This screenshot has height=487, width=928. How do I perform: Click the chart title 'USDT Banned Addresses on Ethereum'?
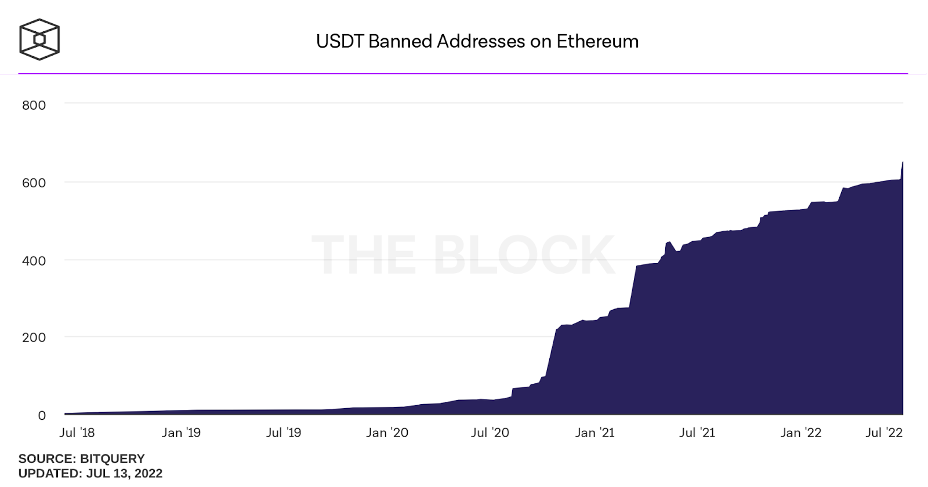[x=477, y=41]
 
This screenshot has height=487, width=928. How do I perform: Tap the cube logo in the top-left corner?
[x=39, y=39]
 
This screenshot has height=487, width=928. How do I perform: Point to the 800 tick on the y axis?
[x=34, y=105]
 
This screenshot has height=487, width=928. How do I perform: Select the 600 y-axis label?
[x=34, y=183]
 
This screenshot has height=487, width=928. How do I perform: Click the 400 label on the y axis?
[x=34, y=260]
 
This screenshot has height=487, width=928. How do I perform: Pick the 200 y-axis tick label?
[x=34, y=337]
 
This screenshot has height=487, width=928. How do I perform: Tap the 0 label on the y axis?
[x=42, y=415]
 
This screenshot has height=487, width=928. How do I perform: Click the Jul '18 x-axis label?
[x=77, y=433]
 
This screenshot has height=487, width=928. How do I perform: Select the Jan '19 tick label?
[x=181, y=433]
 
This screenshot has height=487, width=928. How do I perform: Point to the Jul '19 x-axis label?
[x=284, y=433]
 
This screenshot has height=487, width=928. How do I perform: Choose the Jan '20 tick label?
[x=387, y=433]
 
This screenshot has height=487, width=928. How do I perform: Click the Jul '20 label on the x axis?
[x=490, y=433]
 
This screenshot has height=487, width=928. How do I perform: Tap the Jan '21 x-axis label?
[x=594, y=433]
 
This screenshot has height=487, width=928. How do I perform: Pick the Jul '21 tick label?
[x=697, y=433]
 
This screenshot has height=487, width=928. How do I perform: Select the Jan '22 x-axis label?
[x=800, y=433]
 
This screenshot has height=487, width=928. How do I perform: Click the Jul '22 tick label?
[x=884, y=433]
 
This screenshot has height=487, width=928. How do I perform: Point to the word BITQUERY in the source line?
[x=113, y=459]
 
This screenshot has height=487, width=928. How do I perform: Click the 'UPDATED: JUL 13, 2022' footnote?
[x=90, y=474]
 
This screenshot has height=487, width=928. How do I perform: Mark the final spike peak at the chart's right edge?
[x=902, y=163]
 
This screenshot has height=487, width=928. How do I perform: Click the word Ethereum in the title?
[x=597, y=41]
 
